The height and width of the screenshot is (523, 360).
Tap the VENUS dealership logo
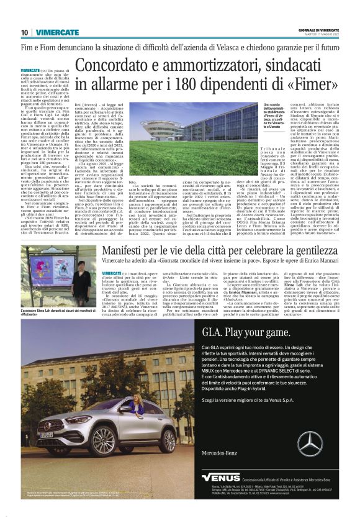220,478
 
